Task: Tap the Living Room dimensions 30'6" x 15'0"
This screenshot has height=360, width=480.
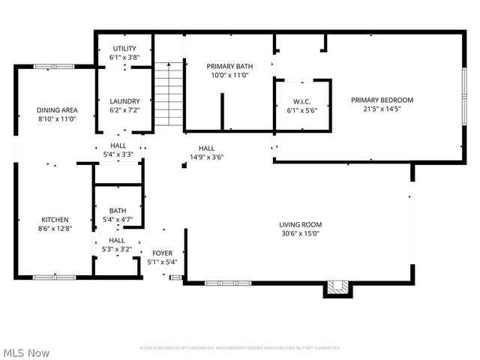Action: tap(300, 233)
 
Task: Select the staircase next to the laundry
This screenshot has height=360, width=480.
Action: tap(169, 94)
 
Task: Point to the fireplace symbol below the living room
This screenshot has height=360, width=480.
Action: tap(337, 288)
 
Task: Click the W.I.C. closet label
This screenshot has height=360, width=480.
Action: tap(302, 102)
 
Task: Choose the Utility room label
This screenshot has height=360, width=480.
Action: tap(124, 49)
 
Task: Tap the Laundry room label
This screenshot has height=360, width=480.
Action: tap(124, 101)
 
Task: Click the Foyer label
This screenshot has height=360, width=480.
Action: tap(163, 253)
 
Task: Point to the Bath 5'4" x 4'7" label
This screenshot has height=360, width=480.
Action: tap(118, 211)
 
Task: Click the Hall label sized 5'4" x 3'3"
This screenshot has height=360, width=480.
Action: tap(118, 146)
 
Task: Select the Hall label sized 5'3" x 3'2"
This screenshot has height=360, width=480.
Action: tap(118, 241)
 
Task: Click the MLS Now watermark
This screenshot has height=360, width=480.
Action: tap(26, 352)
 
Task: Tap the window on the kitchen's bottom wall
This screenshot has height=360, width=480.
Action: tap(53, 277)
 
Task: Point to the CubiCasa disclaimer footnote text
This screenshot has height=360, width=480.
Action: tap(240, 348)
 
